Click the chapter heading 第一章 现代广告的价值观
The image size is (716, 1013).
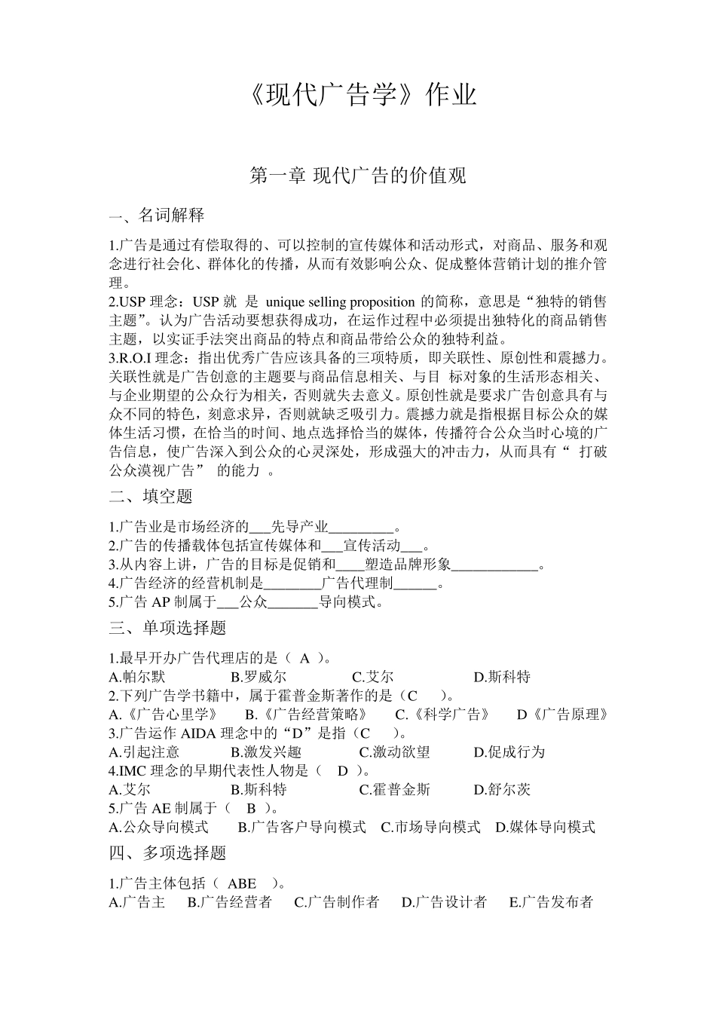pyautogui.click(x=358, y=176)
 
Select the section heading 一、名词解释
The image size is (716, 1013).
pyautogui.click(x=157, y=216)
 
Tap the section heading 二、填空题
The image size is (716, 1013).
pyautogui.click(x=151, y=496)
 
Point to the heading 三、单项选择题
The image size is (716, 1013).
pyautogui.click(x=167, y=628)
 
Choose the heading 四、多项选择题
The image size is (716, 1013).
pyautogui.click(x=167, y=853)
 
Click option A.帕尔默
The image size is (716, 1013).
pyautogui.click(x=137, y=677)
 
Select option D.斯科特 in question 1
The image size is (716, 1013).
pyautogui.click(x=502, y=677)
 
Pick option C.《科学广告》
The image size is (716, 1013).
pyautogui.click(x=443, y=715)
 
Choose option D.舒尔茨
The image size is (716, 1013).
pyautogui.click(x=502, y=790)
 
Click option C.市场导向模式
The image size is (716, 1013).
pyautogui.click(x=430, y=828)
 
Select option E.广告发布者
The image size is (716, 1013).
pyautogui.click(x=552, y=902)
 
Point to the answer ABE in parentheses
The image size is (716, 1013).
pyautogui.click(x=242, y=883)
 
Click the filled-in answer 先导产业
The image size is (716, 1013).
pyautogui.click(x=299, y=527)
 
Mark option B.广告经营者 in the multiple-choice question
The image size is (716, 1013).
pyautogui.click(x=230, y=902)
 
